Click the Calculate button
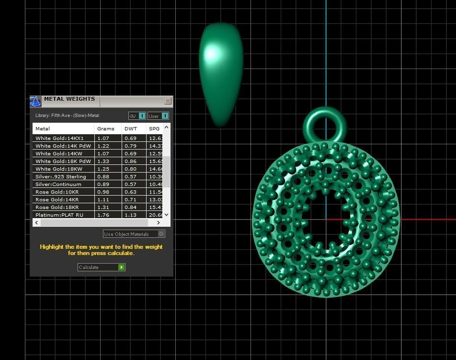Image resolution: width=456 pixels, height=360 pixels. pos(101,267)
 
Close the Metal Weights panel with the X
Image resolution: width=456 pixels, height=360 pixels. pos(168,101)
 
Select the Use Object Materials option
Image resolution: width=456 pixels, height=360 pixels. pos(134,234)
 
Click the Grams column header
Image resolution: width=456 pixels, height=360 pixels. pos(106,128)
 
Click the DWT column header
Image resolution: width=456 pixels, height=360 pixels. pos(131,128)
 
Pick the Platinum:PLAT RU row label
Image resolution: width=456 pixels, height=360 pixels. pos(59,215)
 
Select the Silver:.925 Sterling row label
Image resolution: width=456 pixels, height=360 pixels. pos(61,176)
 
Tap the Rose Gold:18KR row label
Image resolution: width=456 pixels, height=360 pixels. pos(57,207)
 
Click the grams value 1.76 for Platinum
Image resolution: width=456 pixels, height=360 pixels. pos(103,215)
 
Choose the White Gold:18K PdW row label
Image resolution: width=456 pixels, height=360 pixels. pos(63,161)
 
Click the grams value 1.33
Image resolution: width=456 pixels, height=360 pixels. pos(103,161)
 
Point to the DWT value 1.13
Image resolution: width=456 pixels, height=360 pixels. pos(130,215)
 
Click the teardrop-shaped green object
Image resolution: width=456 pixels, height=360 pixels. pos(221,72)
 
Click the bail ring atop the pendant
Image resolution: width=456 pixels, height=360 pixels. pos(325,115)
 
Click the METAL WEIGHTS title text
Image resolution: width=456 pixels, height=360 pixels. pos(69,99)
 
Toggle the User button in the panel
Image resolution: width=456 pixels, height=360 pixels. pos(158,116)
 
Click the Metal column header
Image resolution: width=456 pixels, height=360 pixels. pos(43,128)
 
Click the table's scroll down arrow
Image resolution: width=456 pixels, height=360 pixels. pos(166,215)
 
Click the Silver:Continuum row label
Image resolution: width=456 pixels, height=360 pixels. pos(58,184)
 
